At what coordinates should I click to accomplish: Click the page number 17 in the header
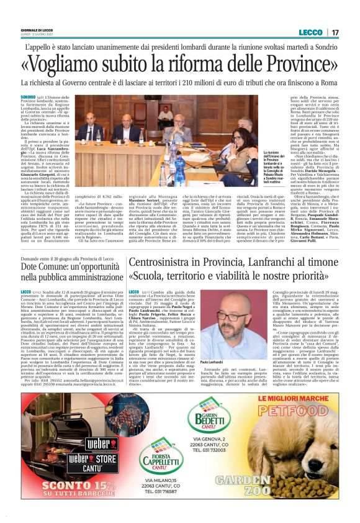point(335,32)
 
